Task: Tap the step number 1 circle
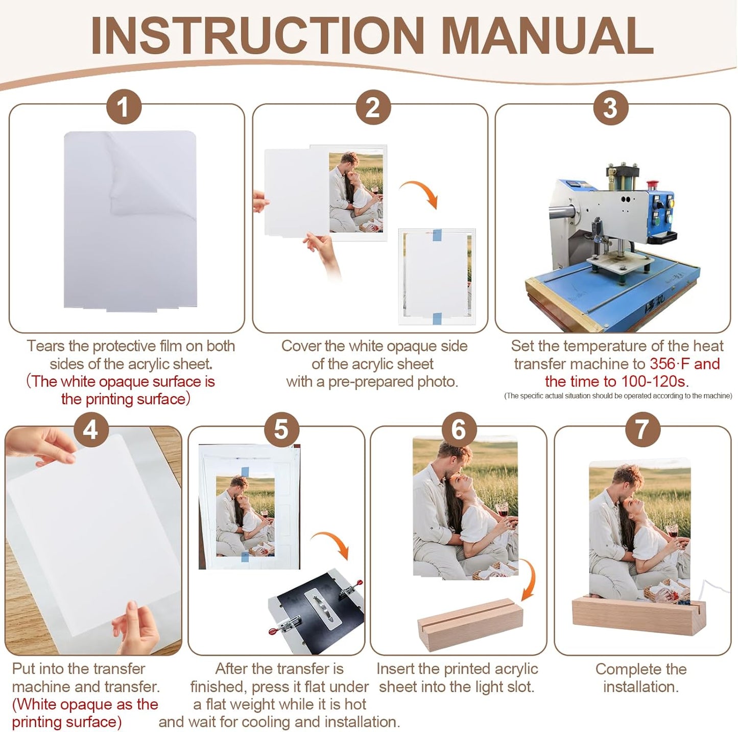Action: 124,107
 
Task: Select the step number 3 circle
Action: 610,107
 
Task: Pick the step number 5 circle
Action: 282,429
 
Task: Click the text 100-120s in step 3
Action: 655,381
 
